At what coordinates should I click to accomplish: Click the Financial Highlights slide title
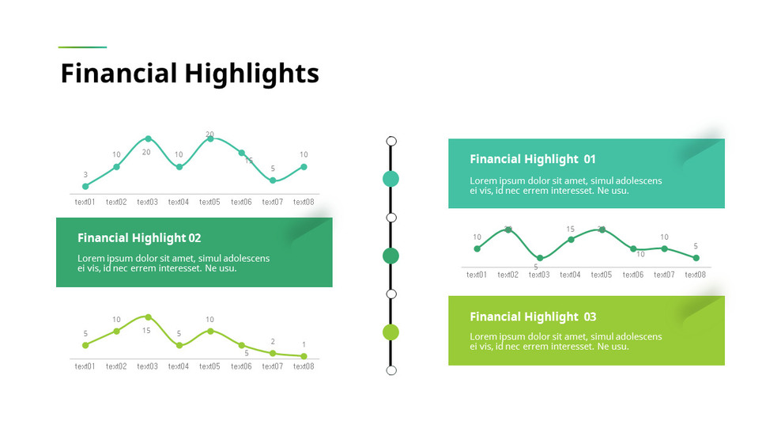(x=190, y=74)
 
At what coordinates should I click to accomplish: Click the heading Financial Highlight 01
(x=532, y=159)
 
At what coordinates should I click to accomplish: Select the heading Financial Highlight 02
(x=139, y=238)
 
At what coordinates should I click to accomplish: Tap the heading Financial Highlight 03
(x=532, y=317)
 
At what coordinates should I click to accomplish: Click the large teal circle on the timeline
(x=390, y=179)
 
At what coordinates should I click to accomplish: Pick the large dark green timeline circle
(x=390, y=256)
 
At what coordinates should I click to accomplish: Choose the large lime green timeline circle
(x=390, y=332)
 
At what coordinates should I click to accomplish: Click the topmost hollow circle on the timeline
(x=391, y=142)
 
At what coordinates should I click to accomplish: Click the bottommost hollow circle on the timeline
(x=391, y=370)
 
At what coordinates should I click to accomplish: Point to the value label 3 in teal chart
(x=85, y=175)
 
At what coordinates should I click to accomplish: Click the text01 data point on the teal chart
(x=85, y=187)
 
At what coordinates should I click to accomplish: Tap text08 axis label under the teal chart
(x=304, y=203)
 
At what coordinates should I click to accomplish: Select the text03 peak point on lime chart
(x=148, y=317)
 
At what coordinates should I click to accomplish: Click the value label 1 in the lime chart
(x=304, y=345)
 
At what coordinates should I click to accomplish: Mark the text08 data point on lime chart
(x=304, y=357)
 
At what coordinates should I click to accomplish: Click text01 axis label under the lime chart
(x=85, y=366)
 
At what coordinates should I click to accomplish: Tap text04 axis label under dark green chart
(x=570, y=275)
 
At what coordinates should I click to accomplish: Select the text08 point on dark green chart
(x=696, y=258)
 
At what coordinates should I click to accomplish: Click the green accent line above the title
(x=82, y=47)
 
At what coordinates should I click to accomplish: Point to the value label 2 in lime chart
(x=273, y=342)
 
